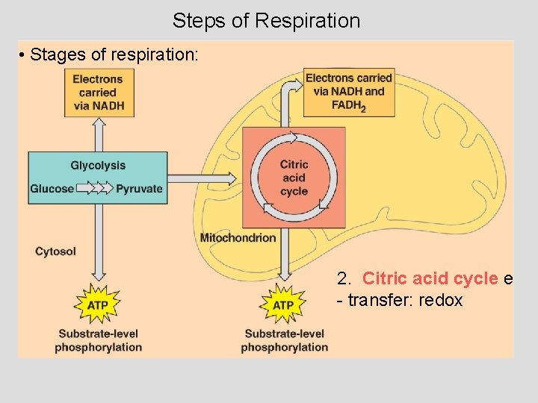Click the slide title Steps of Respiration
[266, 20]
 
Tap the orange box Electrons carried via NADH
[98, 93]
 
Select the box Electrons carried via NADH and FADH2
[349, 93]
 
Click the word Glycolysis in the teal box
[98, 166]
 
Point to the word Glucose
[52, 189]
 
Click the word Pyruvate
[139, 189]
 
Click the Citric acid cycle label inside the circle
[294, 178]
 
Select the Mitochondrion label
[238, 238]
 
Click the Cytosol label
[55, 252]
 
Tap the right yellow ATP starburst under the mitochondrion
[283, 304]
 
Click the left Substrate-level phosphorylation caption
[98, 340]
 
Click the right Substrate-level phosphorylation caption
[284, 340]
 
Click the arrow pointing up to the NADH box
[98, 134]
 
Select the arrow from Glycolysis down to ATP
[98, 239]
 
